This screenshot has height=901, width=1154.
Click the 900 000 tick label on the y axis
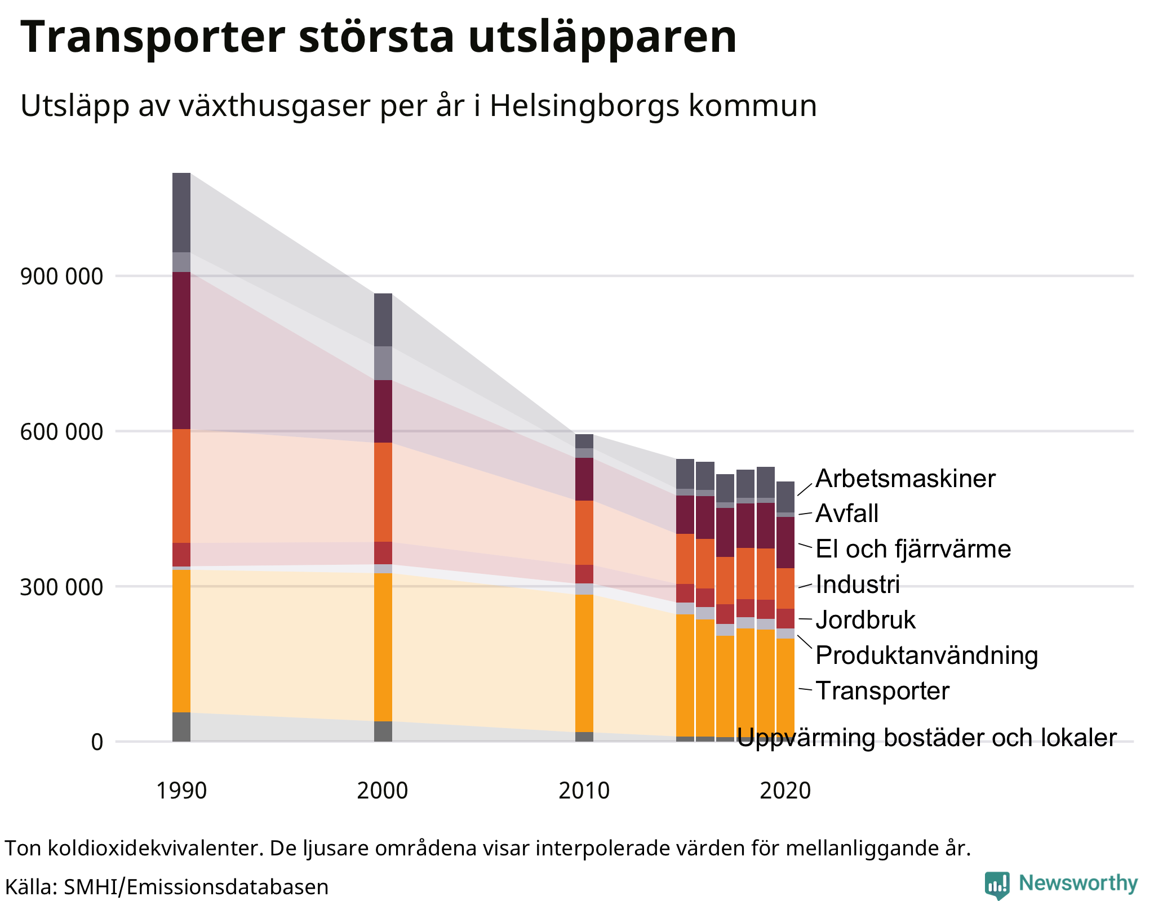click(x=62, y=276)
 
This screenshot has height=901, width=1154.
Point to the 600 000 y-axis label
click(x=62, y=432)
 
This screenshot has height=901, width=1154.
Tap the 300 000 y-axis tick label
click(x=62, y=587)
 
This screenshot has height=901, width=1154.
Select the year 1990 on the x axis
click(x=181, y=791)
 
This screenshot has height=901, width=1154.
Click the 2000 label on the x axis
click(x=383, y=791)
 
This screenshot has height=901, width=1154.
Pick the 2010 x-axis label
click(x=584, y=791)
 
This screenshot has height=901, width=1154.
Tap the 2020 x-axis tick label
click(x=785, y=791)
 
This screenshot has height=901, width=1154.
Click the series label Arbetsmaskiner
click(x=906, y=479)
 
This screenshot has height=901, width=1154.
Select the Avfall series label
click(x=847, y=514)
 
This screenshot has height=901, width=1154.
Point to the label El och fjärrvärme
click(x=913, y=549)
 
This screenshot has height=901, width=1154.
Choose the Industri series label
click(x=858, y=585)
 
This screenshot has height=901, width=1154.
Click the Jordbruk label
click(x=865, y=620)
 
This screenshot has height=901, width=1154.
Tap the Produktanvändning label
click(x=926, y=655)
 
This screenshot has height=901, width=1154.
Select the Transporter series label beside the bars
click(x=882, y=691)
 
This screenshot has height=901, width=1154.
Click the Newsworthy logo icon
click(x=996, y=885)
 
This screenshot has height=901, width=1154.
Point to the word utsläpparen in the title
click(x=602, y=37)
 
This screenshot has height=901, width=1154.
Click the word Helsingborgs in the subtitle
click(x=584, y=105)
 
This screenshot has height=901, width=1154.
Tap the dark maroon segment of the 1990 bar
click(x=181, y=350)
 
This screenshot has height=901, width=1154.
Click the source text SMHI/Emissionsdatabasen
click(x=196, y=887)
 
